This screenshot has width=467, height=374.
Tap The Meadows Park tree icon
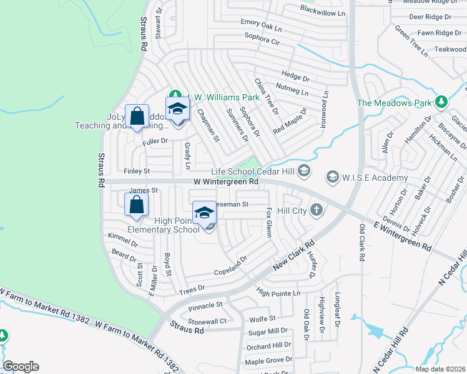[x=442, y=102]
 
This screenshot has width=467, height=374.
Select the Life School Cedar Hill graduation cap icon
[x=303, y=171]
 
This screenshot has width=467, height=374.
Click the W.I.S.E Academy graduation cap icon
[x=332, y=178]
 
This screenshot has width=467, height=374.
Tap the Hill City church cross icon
[x=317, y=210]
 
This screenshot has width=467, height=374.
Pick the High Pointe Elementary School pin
[x=204, y=214]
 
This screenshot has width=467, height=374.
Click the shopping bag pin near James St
[x=137, y=205]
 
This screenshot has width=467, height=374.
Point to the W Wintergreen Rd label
[x=226, y=181]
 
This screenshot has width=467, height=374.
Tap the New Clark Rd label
[x=293, y=256]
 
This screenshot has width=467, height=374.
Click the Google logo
[x=21, y=367]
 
